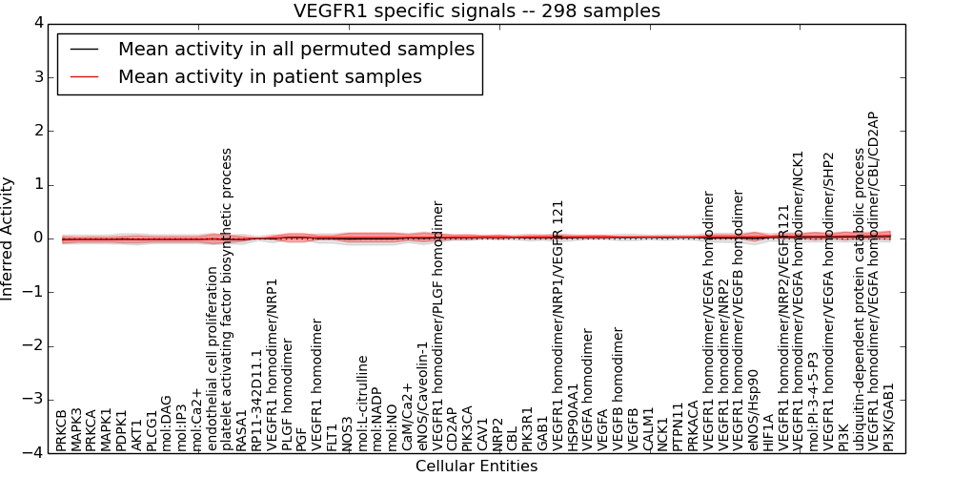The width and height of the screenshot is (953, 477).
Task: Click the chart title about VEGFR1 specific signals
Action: [476, 10]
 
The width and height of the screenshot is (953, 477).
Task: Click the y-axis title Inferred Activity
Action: [9, 238]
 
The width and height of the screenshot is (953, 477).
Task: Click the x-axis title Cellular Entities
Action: [476, 467]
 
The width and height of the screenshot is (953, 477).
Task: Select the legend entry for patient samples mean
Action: [270, 76]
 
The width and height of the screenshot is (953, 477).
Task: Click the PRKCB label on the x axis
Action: [62, 430]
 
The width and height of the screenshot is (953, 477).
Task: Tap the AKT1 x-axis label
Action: [137, 434]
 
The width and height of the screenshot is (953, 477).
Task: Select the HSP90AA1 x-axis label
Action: [573, 417]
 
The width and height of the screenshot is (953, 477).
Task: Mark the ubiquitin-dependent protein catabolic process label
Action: [860, 300]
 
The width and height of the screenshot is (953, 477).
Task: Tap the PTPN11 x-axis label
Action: [679, 428]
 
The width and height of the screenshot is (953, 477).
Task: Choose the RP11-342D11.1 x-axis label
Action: [257, 400]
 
